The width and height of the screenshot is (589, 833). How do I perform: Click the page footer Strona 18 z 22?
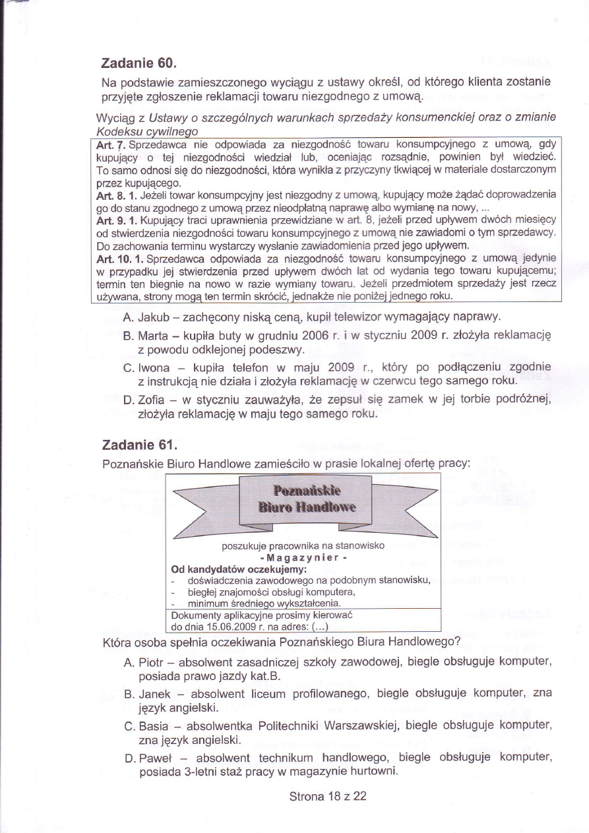(x=328, y=795)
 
